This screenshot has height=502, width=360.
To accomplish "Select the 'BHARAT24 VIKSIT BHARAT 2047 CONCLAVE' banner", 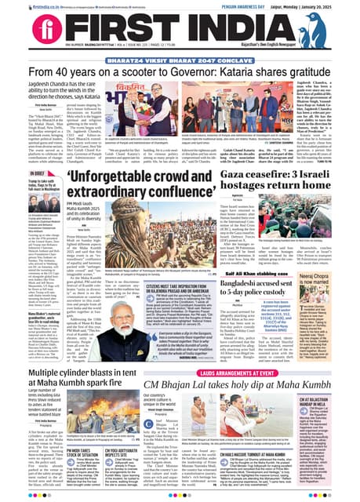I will pyautogui.click(x=180, y=60).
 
